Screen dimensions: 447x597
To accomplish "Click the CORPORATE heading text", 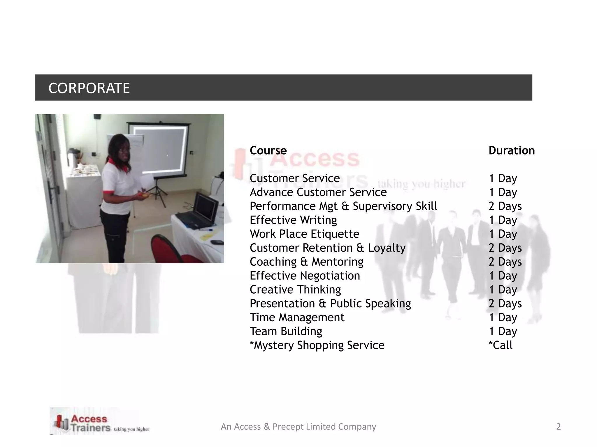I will [x=89, y=88].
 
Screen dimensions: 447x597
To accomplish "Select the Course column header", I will [x=268, y=150].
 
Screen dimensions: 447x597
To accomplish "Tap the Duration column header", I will [x=512, y=150].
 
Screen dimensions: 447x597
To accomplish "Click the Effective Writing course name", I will [x=293, y=220].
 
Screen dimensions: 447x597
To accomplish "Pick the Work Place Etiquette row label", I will [x=304, y=234].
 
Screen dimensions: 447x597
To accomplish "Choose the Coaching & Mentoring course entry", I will [x=306, y=262].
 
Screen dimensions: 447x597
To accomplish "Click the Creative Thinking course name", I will [x=295, y=290].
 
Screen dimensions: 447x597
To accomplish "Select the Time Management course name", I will [x=297, y=317].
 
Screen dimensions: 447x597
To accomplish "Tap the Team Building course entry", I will [x=286, y=331].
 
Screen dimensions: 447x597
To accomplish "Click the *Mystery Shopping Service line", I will [x=317, y=345].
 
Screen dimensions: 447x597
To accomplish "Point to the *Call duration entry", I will [x=501, y=345].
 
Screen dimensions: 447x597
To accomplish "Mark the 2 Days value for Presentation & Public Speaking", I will [x=505, y=304].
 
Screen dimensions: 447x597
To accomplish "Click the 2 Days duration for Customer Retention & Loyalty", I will [x=505, y=248].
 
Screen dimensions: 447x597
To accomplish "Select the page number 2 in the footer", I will [x=558, y=427].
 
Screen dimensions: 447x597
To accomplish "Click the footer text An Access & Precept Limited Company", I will [x=298, y=427].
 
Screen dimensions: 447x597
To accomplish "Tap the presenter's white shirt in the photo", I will [x=117, y=186].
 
